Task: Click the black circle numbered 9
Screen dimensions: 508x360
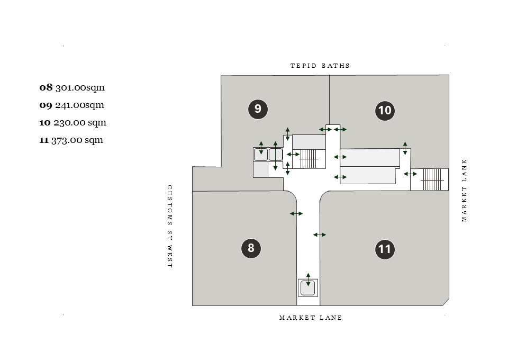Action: [x=258, y=109]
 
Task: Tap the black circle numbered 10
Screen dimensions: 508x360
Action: [x=385, y=111]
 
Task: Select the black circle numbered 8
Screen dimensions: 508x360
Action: [x=251, y=248]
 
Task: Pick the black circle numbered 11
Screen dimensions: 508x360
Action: [x=385, y=249]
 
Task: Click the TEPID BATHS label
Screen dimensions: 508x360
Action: [x=320, y=66]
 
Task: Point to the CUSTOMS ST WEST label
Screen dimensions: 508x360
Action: [x=170, y=227]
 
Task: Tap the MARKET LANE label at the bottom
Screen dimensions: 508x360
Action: [x=311, y=318]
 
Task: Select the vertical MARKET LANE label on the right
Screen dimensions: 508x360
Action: [x=465, y=191]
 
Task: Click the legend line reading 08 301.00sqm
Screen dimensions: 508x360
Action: [x=72, y=87]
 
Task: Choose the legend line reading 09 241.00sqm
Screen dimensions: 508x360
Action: [x=71, y=105]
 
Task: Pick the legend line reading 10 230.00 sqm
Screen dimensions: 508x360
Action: [x=72, y=122]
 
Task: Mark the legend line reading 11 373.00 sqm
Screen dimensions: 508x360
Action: [x=71, y=140]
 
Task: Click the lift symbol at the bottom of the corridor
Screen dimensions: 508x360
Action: [x=308, y=288]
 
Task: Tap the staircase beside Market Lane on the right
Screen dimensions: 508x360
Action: [x=432, y=179]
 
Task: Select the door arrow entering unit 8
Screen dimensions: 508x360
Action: [x=296, y=214]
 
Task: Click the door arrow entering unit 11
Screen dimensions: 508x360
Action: [x=320, y=235]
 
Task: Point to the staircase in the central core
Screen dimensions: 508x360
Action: [x=310, y=158]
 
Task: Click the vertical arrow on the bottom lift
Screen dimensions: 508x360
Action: [x=308, y=280]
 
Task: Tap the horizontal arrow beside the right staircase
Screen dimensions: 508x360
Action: [x=410, y=174]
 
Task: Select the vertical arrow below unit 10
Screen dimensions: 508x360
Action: [x=405, y=148]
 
